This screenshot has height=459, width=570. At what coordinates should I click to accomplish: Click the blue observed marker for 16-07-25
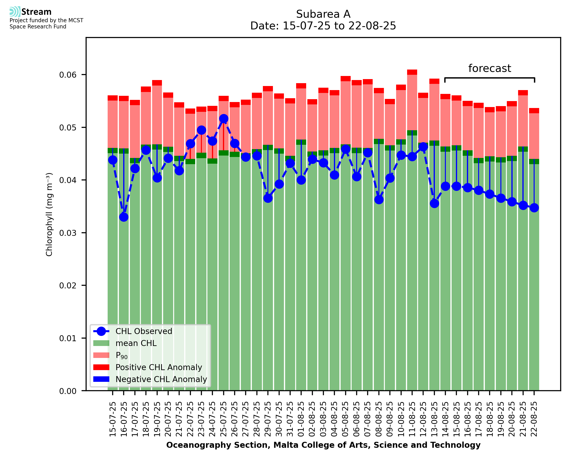[124, 217]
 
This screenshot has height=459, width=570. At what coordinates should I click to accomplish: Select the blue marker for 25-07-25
[224, 119]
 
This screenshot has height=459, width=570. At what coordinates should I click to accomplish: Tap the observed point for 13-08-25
[434, 203]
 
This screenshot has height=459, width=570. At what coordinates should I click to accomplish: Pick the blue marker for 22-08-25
[534, 208]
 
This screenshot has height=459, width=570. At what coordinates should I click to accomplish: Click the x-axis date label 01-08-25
[301, 419]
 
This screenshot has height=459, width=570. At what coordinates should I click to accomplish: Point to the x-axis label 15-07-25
[113, 419]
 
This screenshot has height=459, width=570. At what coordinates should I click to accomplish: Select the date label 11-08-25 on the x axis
[412, 419]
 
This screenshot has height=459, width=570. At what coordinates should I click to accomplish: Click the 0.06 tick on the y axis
[68, 75]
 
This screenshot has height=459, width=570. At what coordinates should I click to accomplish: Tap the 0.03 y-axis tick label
[68, 233]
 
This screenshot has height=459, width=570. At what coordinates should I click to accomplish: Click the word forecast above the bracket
[490, 69]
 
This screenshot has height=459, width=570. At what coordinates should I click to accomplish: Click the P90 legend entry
[122, 355]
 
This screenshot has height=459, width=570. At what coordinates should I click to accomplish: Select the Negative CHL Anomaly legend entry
[161, 379]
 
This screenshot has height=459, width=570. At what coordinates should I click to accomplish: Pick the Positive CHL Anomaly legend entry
[159, 367]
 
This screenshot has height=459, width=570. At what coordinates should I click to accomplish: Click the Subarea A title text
[323, 14]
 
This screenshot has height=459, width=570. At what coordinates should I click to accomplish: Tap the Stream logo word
[36, 12]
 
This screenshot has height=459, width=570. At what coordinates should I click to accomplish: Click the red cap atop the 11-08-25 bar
[412, 72]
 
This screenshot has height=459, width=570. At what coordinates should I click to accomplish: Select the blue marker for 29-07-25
[268, 198]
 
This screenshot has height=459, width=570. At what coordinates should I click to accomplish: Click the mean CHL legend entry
[136, 343]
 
